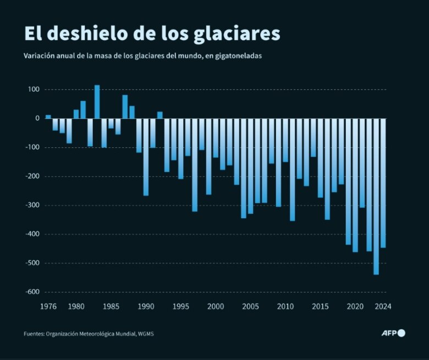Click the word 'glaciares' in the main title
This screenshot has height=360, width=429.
click(237, 34)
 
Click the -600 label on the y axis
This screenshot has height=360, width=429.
click(31, 292)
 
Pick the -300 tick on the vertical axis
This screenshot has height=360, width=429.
click(31, 206)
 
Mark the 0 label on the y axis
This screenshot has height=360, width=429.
click(37, 119)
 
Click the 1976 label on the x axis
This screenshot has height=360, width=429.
click(48, 307)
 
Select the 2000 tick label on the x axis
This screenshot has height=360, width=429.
click(216, 307)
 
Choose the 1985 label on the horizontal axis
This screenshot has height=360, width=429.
click(111, 307)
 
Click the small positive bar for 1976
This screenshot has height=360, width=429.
click(48, 117)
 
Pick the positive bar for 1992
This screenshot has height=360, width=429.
click(159, 115)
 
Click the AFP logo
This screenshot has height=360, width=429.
click(393, 333)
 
